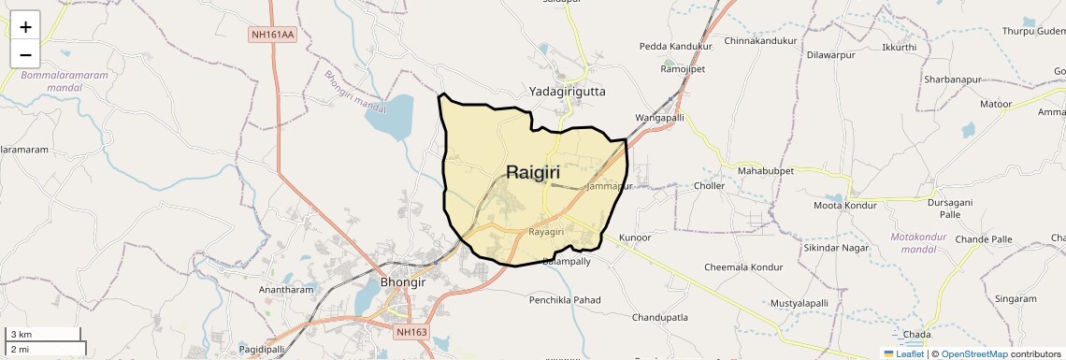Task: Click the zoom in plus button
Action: tap(25, 27)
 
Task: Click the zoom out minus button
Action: tap(25, 54)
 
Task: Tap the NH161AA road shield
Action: tap(272, 35)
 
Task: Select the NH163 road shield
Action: tap(411, 332)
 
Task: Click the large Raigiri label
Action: tap(540, 172)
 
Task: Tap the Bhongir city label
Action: tap(403, 281)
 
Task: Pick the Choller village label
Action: tap(710, 186)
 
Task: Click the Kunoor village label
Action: tap(634, 238)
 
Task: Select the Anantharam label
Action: tap(286, 290)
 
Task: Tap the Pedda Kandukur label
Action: tap(676, 46)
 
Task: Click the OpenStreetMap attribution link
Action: tap(973, 353)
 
